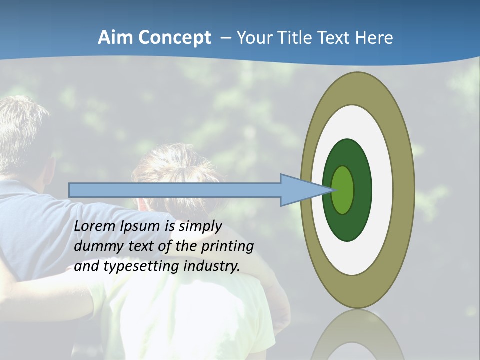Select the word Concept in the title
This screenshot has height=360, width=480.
pos(174,38)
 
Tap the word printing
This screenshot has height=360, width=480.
pos(227,246)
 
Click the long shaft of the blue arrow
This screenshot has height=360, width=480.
pos(175,190)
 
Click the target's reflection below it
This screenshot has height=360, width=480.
pos(357,340)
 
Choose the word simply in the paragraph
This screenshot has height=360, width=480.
pos(200,226)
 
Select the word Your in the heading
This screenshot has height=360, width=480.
pos(252,38)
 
